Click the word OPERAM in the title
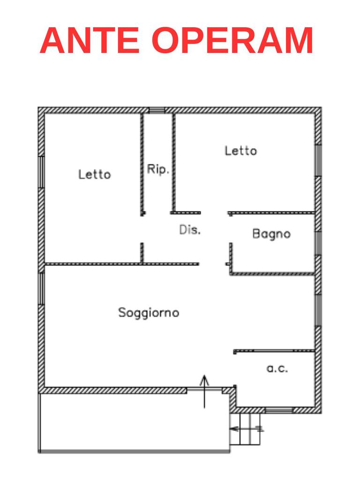click(x=233, y=41)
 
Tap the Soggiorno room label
click(x=148, y=312)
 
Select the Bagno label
click(x=271, y=233)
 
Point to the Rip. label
click(x=157, y=169)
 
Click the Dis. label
click(x=190, y=230)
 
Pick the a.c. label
click(x=277, y=368)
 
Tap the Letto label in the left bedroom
click(x=94, y=174)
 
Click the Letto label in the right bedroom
click(x=240, y=151)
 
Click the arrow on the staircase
click(x=246, y=428)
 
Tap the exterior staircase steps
click(x=245, y=430)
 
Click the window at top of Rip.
click(x=157, y=110)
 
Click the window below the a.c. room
click(x=278, y=410)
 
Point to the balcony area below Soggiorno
click(x=134, y=422)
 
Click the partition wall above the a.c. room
click(x=274, y=351)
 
